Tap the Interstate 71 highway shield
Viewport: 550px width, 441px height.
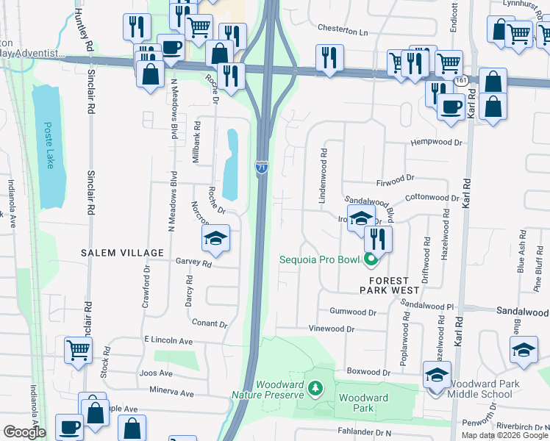point(262,168)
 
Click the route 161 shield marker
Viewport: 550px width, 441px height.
point(461,79)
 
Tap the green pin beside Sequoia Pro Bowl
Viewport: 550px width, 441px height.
point(371,259)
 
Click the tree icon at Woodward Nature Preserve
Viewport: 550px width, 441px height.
point(315,387)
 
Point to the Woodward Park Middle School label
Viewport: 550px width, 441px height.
point(484,389)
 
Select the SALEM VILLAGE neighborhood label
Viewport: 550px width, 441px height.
point(123,253)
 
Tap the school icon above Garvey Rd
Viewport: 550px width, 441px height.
point(215,237)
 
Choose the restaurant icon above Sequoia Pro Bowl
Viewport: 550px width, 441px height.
point(378,237)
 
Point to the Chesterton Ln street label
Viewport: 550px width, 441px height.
point(343,31)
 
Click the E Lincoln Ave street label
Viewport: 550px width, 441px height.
point(168,341)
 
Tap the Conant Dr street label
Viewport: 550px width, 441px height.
point(209,323)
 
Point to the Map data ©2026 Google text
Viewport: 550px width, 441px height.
point(504,435)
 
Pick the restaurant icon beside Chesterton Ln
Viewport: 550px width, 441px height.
point(329,58)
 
